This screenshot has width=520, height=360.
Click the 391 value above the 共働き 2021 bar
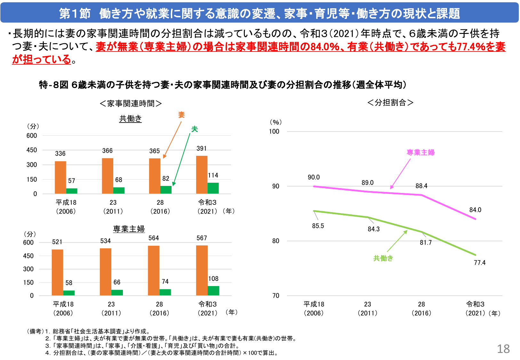pos(202,148)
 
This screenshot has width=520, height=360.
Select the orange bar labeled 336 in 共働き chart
pos(60,178)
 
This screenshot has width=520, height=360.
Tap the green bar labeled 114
pos(213,188)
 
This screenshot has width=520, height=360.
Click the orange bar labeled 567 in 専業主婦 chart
pos(202,270)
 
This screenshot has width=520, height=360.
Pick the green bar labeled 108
pos(213,291)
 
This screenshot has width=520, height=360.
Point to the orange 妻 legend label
pos(181,115)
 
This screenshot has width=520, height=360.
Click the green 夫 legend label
pos(195,129)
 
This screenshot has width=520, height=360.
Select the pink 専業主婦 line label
pos(420,153)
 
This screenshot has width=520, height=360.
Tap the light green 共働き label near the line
pos(383,258)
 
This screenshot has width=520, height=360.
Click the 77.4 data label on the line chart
pos(479,263)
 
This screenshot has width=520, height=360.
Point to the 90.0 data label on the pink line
pos(314,177)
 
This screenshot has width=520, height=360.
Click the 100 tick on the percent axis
pos(274,132)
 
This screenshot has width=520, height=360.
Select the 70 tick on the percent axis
pos(276,296)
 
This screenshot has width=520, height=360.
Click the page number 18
pos(503,349)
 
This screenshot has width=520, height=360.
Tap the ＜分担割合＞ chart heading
pos(390,102)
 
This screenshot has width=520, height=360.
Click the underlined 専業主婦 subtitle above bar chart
pos(129,229)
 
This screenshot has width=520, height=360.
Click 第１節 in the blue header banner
pos(75,13)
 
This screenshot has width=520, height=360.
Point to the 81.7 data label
pos(426,243)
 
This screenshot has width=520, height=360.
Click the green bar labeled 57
pos(72,191)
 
